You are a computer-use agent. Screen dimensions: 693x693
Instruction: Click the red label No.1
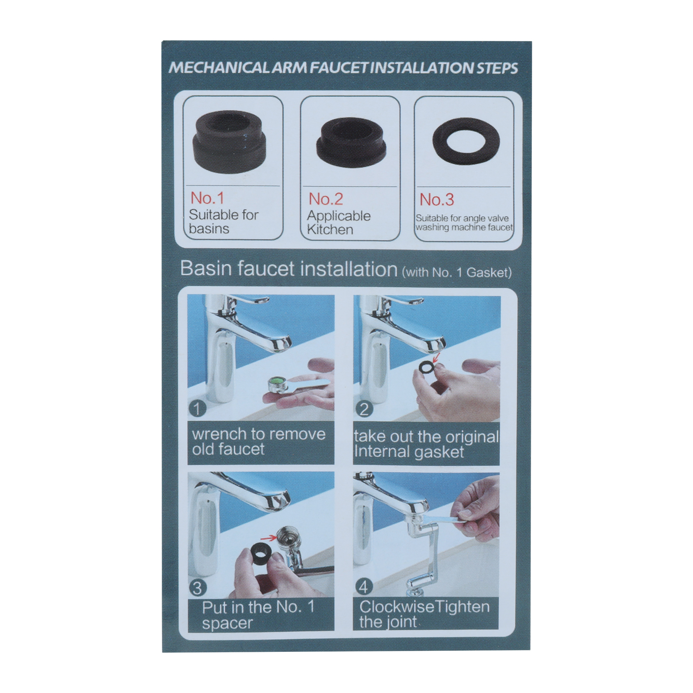(207, 198)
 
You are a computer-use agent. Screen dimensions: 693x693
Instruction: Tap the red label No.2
(326, 199)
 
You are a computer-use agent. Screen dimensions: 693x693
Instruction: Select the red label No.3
(437, 200)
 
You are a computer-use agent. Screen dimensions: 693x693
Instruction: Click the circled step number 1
(198, 408)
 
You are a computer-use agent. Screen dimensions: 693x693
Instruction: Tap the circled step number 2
(364, 409)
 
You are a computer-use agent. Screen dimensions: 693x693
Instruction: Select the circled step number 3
(197, 588)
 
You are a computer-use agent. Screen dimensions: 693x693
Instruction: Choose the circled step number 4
(363, 587)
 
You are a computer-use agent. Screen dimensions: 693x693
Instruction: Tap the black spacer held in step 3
(261, 553)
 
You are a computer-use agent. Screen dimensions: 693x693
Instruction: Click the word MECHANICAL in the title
(219, 68)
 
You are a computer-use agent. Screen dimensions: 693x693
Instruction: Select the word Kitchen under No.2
(330, 230)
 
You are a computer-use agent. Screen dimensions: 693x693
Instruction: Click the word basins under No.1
(209, 229)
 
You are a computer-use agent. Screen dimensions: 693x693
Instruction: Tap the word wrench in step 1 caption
(219, 434)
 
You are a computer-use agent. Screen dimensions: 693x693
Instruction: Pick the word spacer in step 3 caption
(227, 624)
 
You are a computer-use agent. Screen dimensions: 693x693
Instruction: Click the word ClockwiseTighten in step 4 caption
(424, 607)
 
